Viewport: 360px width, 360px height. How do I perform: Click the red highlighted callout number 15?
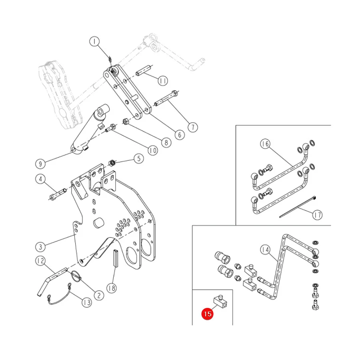[x=207, y=314]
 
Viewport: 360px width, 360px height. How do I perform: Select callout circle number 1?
[x=94, y=42]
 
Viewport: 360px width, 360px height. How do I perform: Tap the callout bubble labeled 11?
[x=163, y=81]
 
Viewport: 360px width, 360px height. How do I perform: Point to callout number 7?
[x=193, y=127]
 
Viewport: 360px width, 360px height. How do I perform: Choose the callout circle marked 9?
[x=40, y=164]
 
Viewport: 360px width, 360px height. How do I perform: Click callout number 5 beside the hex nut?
[x=139, y=158]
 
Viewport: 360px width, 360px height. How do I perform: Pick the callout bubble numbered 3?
[x=40, y=247]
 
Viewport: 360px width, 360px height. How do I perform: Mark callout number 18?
[x=112, y=288]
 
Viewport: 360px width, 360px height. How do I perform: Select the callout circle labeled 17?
[x=317, y=215]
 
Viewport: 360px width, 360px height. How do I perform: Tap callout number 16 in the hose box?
[x=265, y=144]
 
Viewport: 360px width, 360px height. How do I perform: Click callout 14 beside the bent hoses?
[x=265, y=250]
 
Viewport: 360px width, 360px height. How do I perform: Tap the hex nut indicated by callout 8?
[x=126, y=121]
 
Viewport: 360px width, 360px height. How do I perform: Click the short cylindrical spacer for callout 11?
[x=144, y=71]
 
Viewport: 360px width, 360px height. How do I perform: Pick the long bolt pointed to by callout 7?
[x=166, y=98]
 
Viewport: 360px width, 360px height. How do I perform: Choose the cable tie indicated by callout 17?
[x=298, y=207]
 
